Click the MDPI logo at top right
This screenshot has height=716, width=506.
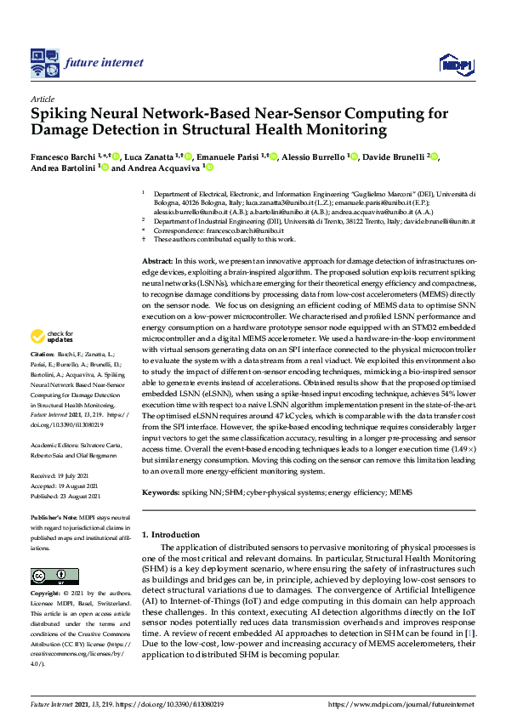coord(456,63)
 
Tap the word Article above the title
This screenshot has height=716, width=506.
coord(43,99)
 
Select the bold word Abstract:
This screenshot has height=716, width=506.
coord(156,260)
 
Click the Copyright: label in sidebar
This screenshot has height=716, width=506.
coord(47,592)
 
